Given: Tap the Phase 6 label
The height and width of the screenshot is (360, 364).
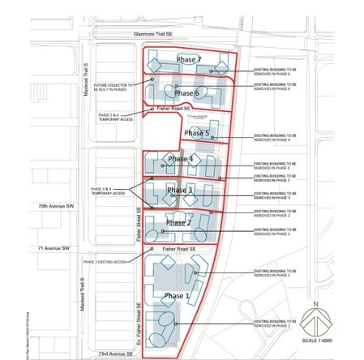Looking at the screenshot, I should pos(186,92).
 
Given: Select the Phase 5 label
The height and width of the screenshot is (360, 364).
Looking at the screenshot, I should pos(196,133).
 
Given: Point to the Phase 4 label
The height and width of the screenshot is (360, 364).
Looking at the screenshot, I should pos(179,159).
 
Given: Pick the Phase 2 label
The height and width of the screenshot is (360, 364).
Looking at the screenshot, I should pos(178,222).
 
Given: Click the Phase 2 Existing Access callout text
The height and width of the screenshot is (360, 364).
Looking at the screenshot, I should pos(106,262).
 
